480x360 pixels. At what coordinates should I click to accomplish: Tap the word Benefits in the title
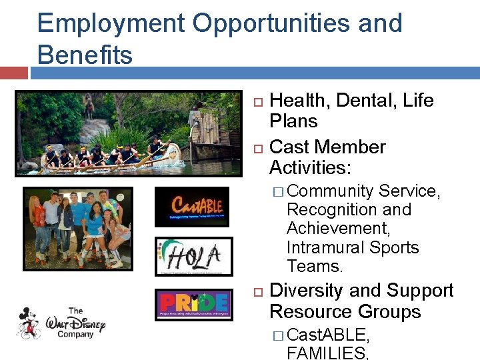(x=85, y=55)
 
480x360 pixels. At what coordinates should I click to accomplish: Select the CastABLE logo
(x=192, y=207)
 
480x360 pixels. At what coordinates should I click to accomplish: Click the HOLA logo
(x=193, y=256)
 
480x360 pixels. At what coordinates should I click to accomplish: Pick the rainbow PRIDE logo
(x=194, y=305)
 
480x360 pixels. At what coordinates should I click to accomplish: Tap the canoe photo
(x=128, y=133)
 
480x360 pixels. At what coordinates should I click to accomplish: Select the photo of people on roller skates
(x=77, y=228)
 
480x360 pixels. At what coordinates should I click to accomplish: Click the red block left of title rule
(x=13, y=72)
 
